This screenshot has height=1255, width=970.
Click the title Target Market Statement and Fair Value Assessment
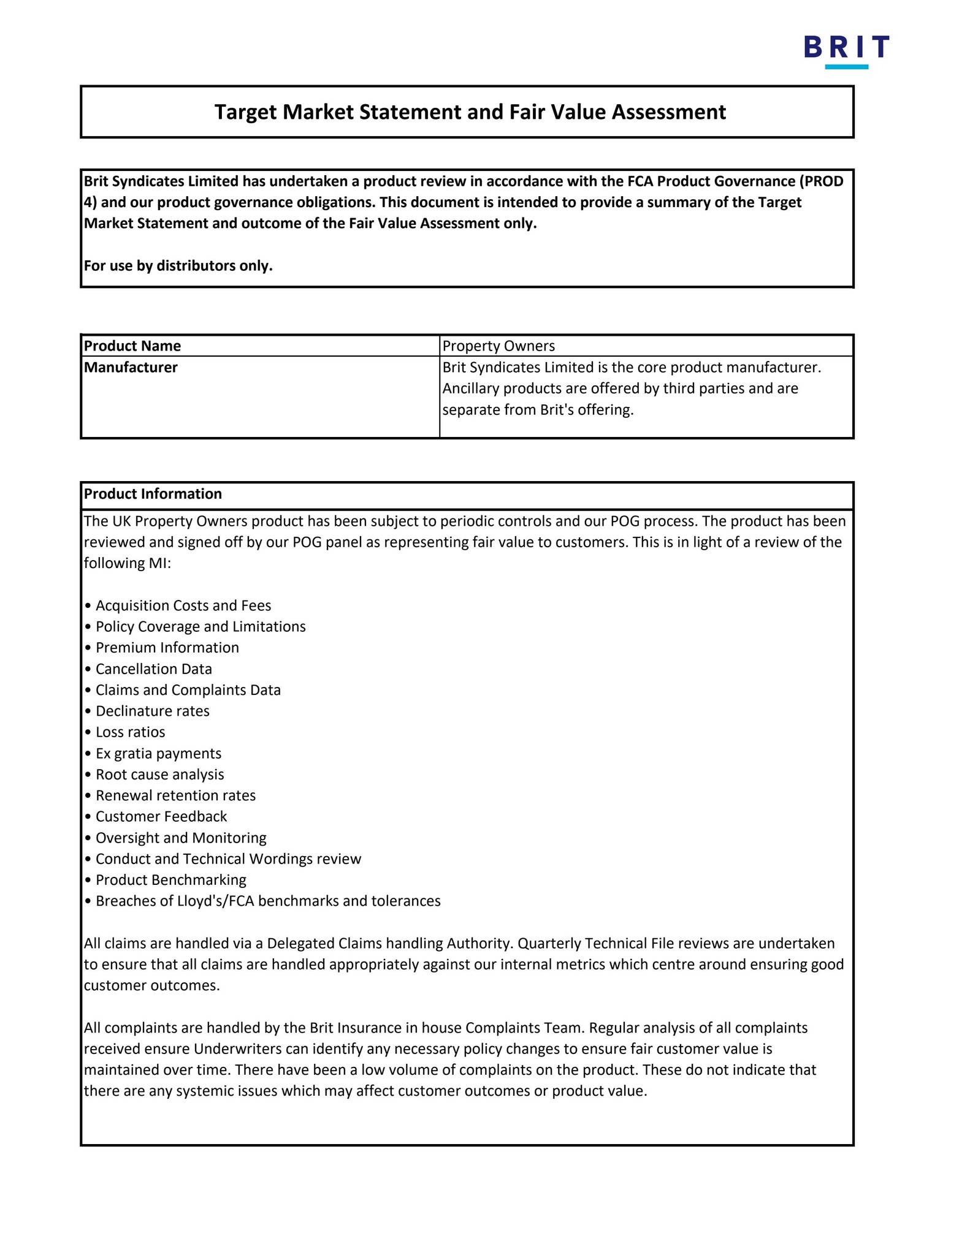click(x=470, y=112)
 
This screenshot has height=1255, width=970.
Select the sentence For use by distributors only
click(x=178, y=266)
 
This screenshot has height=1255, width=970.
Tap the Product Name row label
click(x=132, y=346)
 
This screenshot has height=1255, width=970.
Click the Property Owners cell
click(x=498, y=346)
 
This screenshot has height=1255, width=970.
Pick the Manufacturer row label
click(x=131, y=368)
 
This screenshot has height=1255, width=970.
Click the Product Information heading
click(x=153, y=494)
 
